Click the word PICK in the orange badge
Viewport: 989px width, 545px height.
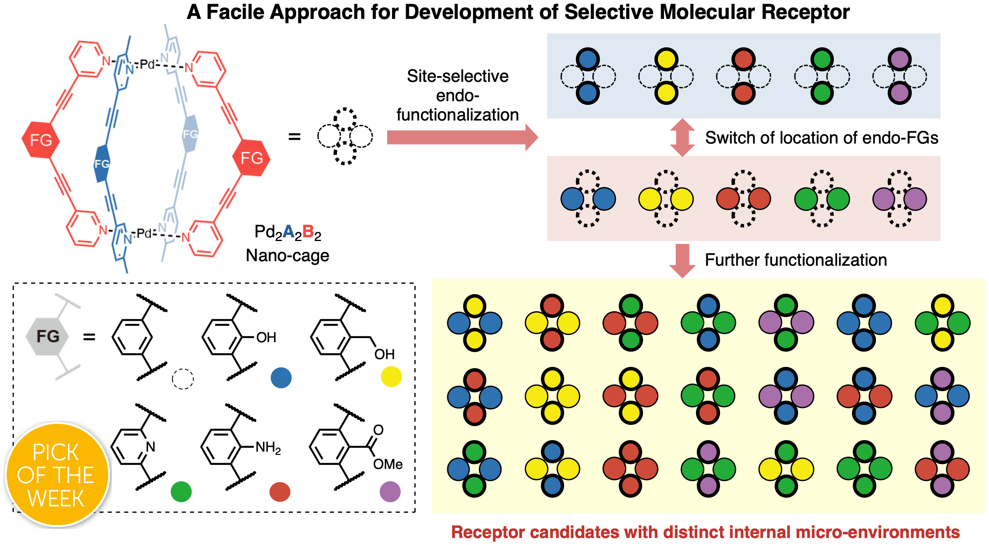56,452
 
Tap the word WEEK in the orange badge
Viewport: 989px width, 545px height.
56,499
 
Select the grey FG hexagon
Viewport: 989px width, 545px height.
47,336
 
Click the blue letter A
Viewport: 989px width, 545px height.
288,232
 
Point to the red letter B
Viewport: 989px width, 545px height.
308,232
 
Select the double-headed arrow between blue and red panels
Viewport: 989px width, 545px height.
682,137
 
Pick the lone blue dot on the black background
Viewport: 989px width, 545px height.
281,378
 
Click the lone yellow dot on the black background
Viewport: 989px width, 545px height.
391,376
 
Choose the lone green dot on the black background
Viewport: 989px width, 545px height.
181,492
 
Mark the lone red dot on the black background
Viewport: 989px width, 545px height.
280,492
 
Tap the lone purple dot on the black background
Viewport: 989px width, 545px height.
390,492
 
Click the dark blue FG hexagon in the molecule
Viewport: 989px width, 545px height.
102,164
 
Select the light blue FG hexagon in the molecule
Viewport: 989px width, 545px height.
190,134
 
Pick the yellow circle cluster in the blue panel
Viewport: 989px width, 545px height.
666,77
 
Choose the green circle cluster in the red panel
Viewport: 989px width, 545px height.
822,199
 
